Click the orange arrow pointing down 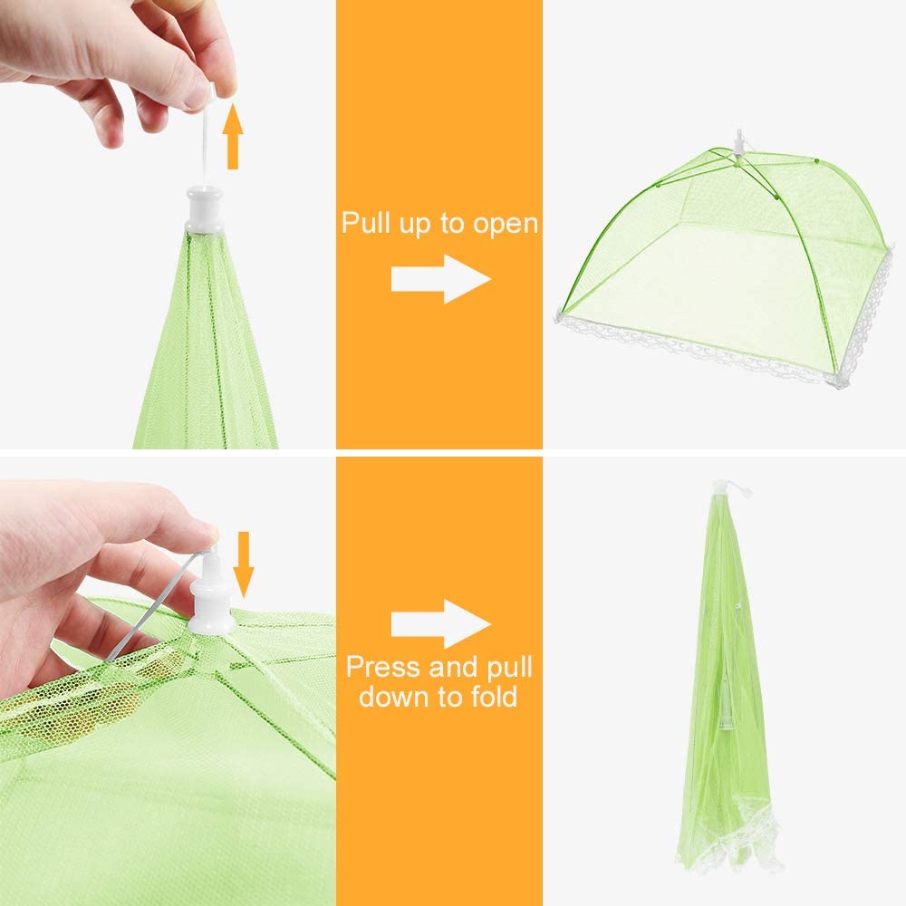[x=243, y=564]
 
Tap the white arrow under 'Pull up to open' [x=441, y=279]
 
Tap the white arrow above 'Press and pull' [x=441, y=624]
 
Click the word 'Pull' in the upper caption [x=366, y=222]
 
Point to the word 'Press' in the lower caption [x=382, y=667]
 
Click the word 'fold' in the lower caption [x=494, y=695]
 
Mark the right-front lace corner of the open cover [x=837, y=381]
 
